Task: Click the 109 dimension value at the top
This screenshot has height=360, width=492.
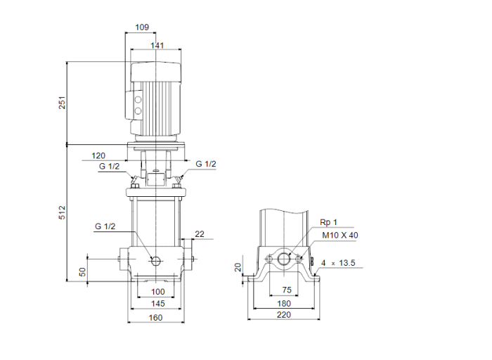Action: coord(142,27)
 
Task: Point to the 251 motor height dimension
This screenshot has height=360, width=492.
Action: coord(62,103)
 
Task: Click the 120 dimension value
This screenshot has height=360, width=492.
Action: coord(98,155)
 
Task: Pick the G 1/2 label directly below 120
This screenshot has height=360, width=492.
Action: coord(109,167)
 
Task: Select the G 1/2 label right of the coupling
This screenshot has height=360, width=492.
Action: coord(206,164)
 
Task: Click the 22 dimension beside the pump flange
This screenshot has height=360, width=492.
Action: coord(200,234)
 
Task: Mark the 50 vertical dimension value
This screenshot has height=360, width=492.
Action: coord(82,271)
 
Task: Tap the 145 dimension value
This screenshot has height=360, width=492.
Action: coord(157,304)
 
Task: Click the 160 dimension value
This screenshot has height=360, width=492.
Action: coord(156,318)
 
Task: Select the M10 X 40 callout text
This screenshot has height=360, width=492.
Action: coord(339,236)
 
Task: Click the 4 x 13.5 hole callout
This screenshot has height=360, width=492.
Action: coord(339,264)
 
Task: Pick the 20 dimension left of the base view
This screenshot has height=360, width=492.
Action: coord(238,266)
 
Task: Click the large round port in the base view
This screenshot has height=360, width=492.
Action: coord(285,259)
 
